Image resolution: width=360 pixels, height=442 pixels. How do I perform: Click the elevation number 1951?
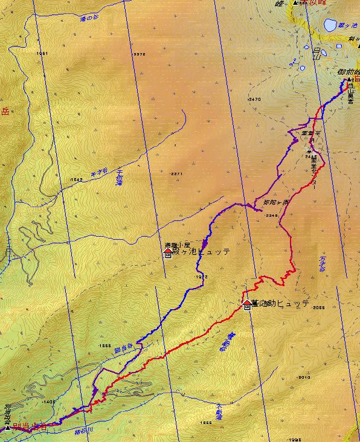(42, 54)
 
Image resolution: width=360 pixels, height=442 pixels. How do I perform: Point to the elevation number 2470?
(254, 98)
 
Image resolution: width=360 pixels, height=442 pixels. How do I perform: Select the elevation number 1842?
(76, 179)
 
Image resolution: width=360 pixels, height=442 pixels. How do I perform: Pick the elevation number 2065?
(320, 307)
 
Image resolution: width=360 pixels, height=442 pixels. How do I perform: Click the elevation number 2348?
(272, 215)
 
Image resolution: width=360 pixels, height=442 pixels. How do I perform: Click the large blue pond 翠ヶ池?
(329, 25)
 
